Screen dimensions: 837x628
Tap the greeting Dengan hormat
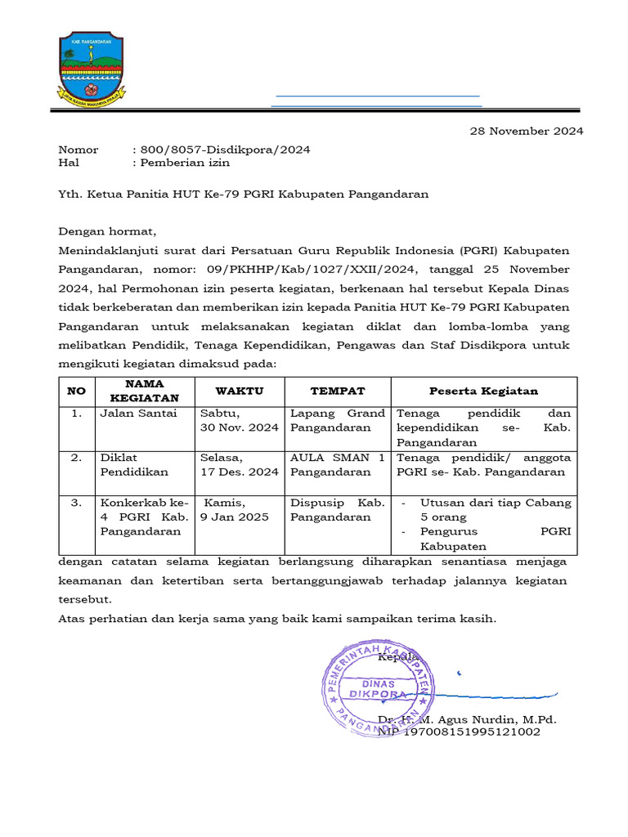[x=107, y=231]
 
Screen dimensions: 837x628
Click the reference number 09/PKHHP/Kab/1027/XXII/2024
[x=336, y=268]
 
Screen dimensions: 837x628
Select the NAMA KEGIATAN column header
[x=144, y=391]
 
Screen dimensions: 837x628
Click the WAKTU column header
[x=240, y=392]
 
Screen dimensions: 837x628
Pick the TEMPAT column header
[x=338, y=392]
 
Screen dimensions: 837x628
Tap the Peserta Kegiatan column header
[x=484, y=392]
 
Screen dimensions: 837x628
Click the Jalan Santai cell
[x=137, y=414]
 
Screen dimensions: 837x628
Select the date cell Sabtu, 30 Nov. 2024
[x=240, y=420]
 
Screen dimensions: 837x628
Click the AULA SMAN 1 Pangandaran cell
[x=338, y=464]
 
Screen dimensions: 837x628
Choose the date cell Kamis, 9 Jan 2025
[x=235, y=510]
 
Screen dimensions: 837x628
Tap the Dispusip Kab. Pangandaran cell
[x=338, y=510]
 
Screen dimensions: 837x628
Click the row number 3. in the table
[x=76, y=504]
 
